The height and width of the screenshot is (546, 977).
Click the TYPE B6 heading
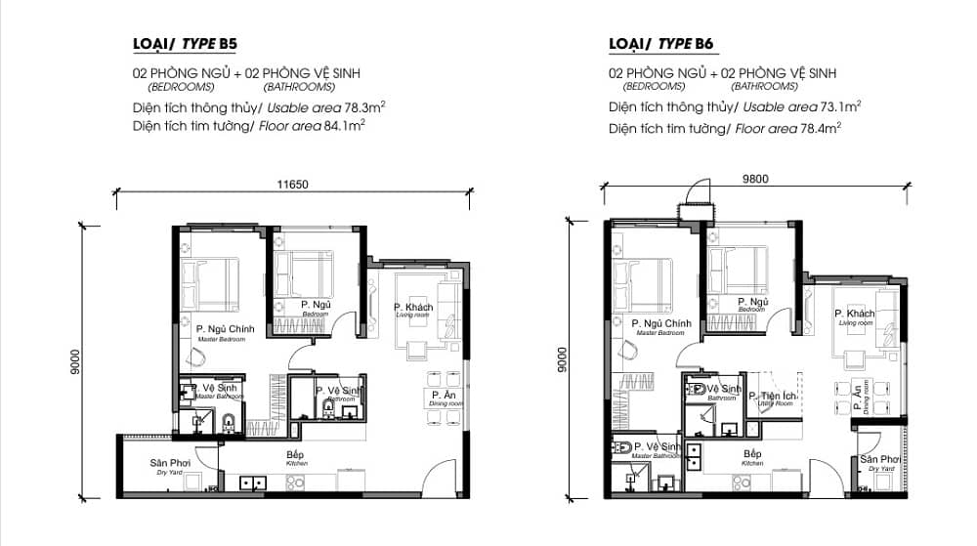(x=658, y=44)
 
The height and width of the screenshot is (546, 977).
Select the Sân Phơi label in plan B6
(x=879, y=459)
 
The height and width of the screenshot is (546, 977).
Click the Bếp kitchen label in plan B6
(x=752, y=454)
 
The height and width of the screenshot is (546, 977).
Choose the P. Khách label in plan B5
(x=413, y=308)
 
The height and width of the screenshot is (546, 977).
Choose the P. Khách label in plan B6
(x=854, y=314)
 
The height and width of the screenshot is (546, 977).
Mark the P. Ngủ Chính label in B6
(x=661, y=323)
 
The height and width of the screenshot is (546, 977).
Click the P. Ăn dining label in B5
(x=440, y=394)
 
